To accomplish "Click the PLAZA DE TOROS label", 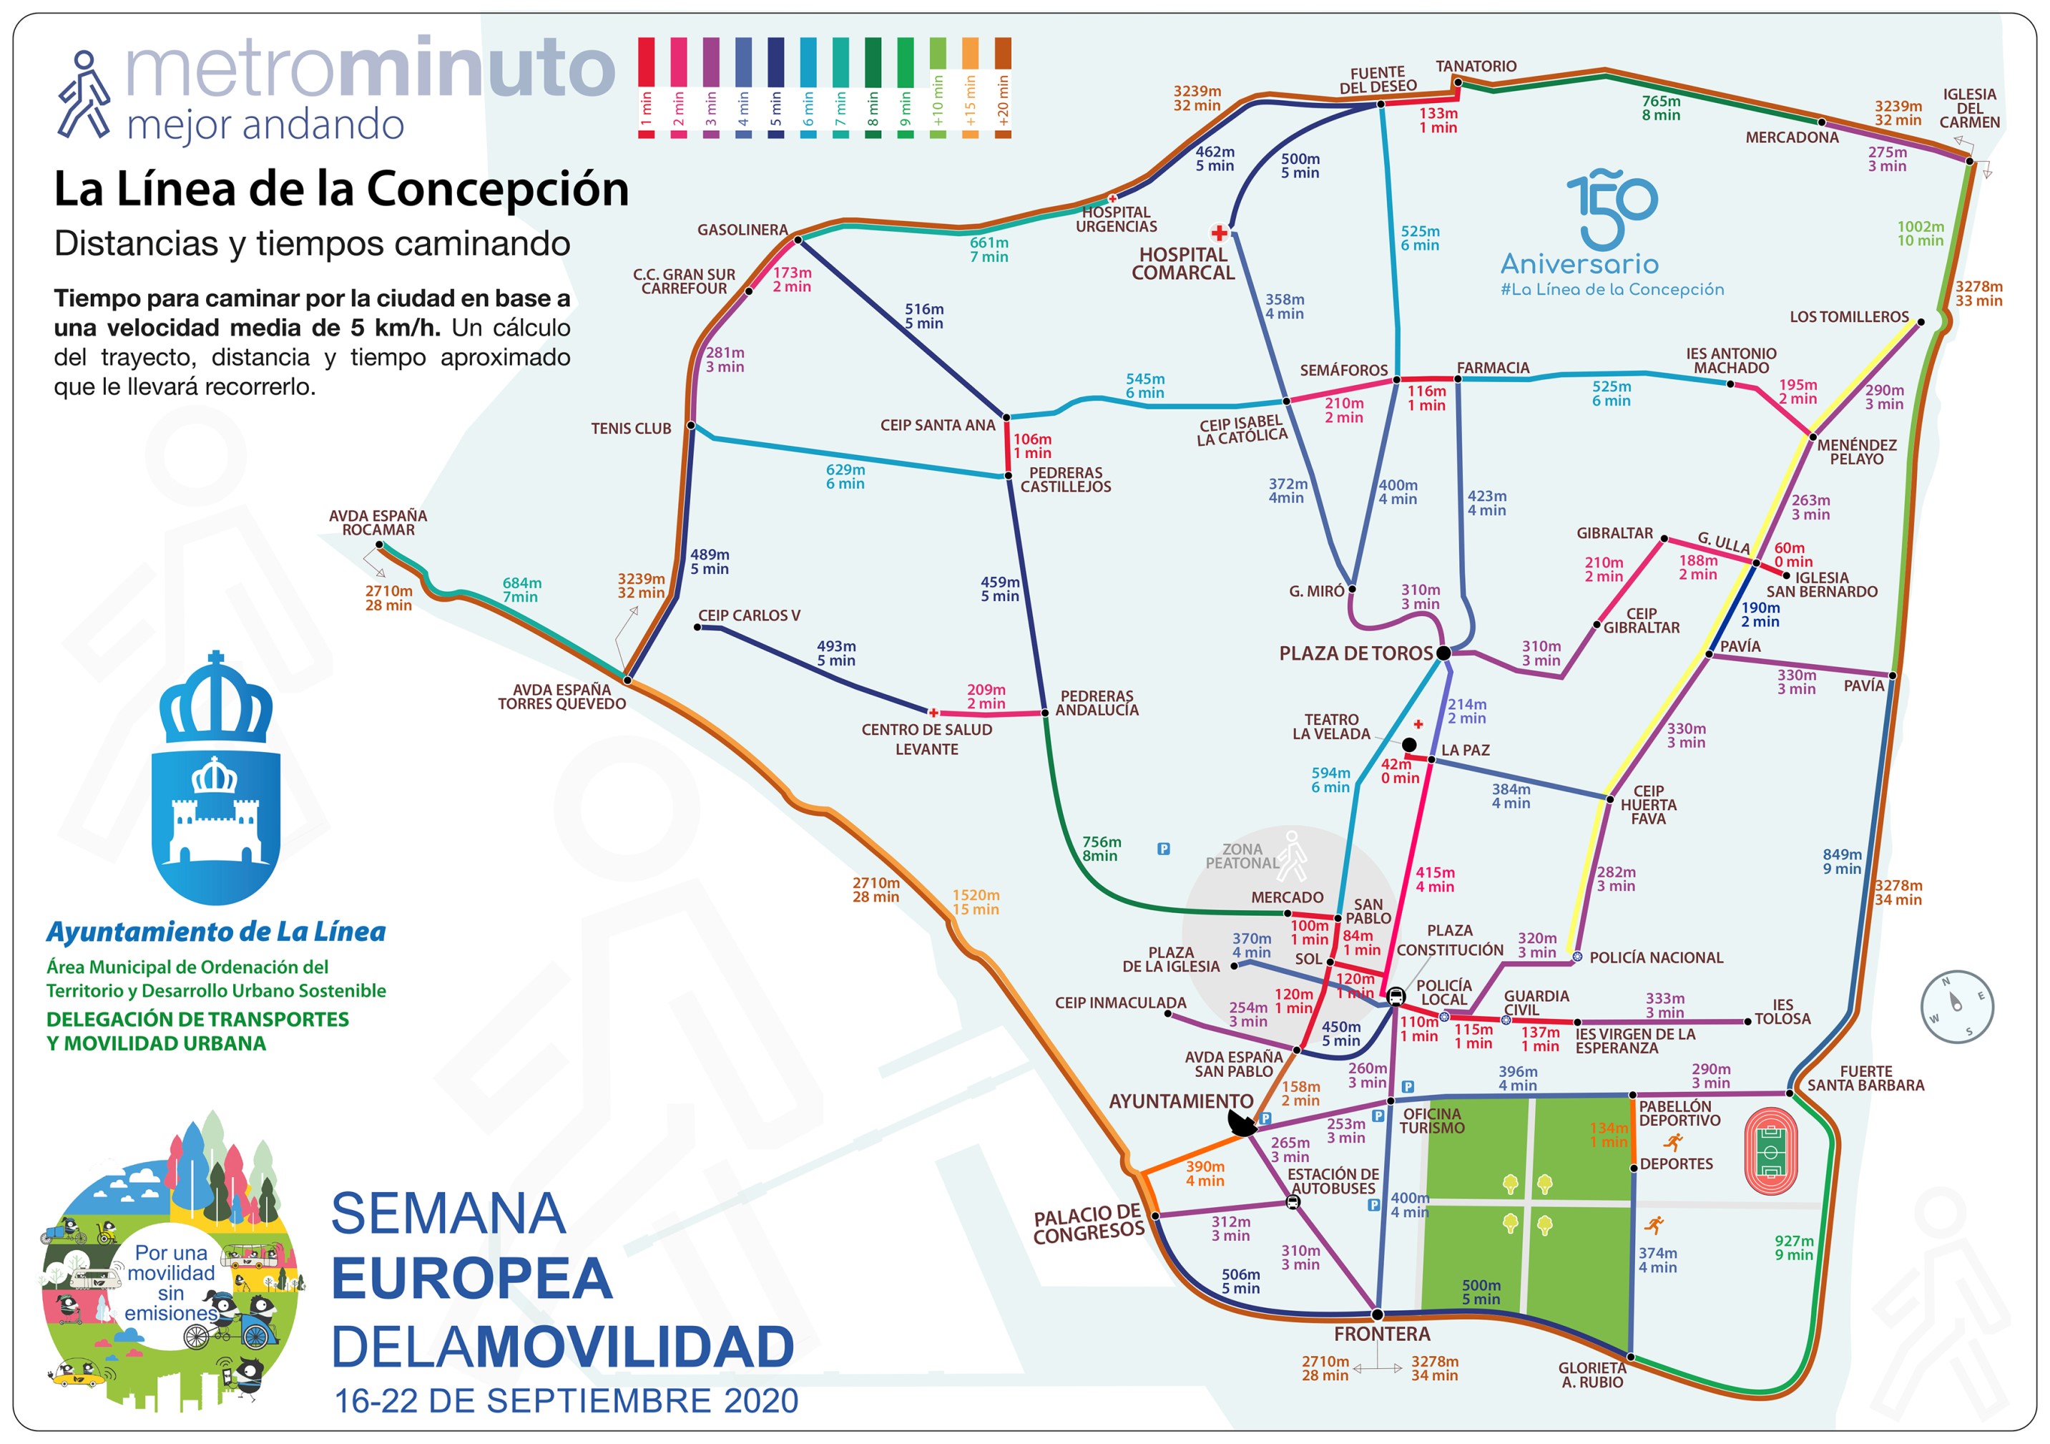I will click(1355, 654).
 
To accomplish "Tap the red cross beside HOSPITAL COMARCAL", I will click(1219, 233).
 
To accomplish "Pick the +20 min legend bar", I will click(1003, 87).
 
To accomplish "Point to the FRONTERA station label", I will click(1382, 1334).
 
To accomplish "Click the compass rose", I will click(1956, 1006).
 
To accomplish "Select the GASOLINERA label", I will click(742, 230).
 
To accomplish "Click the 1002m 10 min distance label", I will click(1920, 234).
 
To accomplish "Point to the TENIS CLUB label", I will click(630, 429).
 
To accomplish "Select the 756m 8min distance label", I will click(1101, 849).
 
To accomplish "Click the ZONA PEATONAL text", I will click(1242, 857).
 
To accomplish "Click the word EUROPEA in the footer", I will click(471, 1279).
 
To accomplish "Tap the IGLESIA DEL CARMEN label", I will click(1968, 108).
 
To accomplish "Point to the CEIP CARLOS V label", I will click(748, 616).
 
